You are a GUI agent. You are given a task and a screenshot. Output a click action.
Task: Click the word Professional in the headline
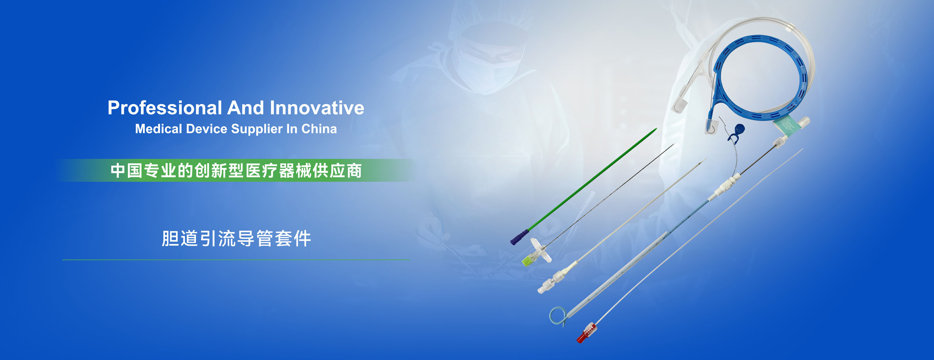point(165,108)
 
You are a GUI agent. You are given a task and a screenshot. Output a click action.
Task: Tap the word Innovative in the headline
point(317,108)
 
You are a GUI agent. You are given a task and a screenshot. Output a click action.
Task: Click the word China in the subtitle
point(319,129)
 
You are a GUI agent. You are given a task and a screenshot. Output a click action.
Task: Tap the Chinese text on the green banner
point(236,171)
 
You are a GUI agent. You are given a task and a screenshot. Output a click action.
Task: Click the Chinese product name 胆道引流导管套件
point(236,239)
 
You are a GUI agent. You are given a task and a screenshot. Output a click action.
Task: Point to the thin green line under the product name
point(236,260)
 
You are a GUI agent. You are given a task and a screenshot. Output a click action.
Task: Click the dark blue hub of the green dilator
point(520,237)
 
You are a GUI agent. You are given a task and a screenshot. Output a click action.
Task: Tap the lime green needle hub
point(527,261)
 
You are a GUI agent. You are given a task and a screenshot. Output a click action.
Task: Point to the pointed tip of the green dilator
point(655,129)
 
